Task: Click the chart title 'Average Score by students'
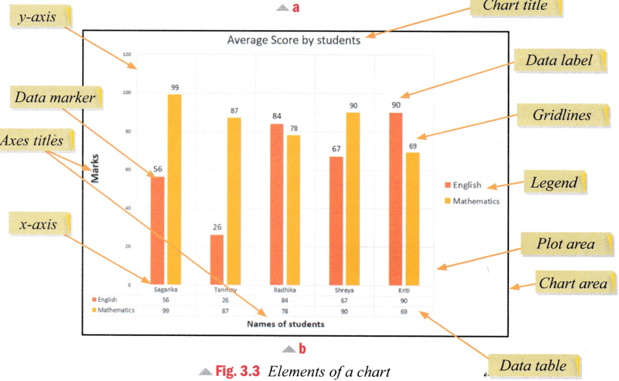pos(293,41)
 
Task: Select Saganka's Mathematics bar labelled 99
pos(174,189)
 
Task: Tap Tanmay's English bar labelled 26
pos(216,260)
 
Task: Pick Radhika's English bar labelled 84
pos(276,204)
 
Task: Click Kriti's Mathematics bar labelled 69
pos(413,218)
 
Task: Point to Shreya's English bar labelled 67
pos(336,220)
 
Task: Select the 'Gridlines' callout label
pos(561,115)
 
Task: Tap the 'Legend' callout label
pos(553,183)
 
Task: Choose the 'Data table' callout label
pos(533,366)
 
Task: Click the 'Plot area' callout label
pos(565,245)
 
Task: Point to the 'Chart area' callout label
pos(573,283)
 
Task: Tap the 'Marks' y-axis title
pos(94,172)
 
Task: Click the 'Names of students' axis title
pos(285,324)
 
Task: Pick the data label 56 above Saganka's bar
pos(157,170)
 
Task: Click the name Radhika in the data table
pos(286,290)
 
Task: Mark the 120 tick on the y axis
pos(126,54)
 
